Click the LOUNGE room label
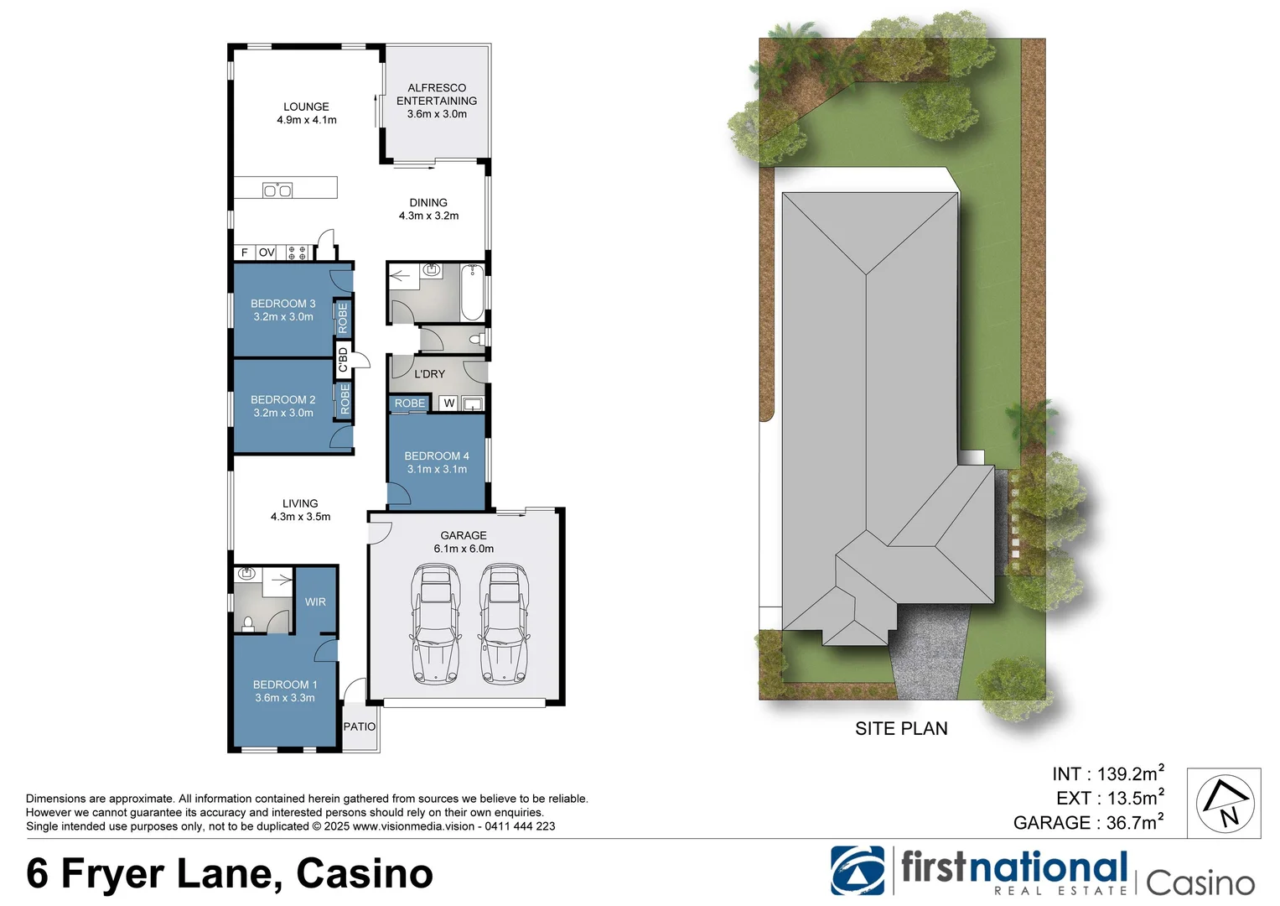click(x=306, y=107)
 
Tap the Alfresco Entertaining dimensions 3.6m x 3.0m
click(x=437, y=114)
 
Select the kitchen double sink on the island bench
click(x=277, y=190)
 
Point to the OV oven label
click(x=267, y=253)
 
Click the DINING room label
click(x=428, y=202)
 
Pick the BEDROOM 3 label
click(x=283, y=304)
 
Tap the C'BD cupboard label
click(x=343, y=360)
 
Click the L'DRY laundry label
click(x=429, y=374)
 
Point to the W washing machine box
click(x=449, y=404)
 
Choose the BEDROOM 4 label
click(x=437, y=456)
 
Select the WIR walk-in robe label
click(x=315, y=602)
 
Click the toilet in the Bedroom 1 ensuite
click(x=248, y=623)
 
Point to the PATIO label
click(x=360, y=726)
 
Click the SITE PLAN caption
click(x=901, y=729)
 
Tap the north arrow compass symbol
click(x=1224, y=803)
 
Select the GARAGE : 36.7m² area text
click(x=1088, y=823)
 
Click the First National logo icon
click(x=857, y=871)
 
